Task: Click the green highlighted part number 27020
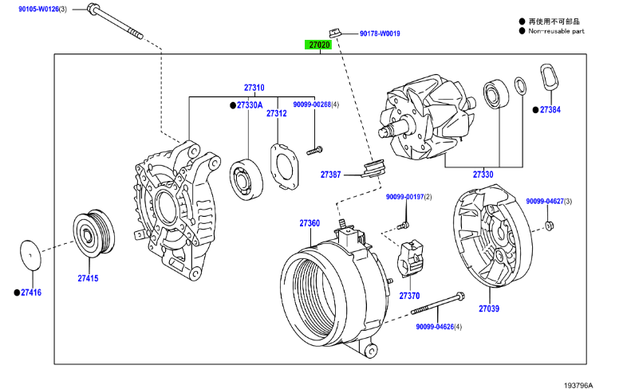tap(319, 45)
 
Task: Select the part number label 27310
tap(254, 88)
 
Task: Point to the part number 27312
tap(276, 113)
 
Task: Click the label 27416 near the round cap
tap(31, 293)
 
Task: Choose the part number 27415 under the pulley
tap(88, 278)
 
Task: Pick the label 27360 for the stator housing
tap(310, 223)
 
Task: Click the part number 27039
tap(489, 308)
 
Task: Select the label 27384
tap(550, 109)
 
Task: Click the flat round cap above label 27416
tap(30, 256)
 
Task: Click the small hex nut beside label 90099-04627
tap(550, 228)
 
